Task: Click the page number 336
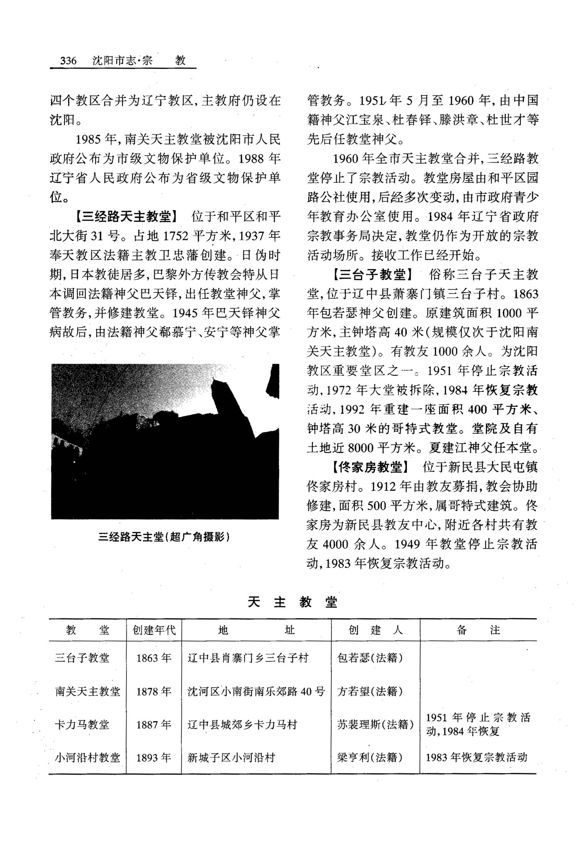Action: coord(68,60)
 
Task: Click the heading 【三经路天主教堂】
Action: coord(126,217)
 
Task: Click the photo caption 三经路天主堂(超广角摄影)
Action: coord(164,537)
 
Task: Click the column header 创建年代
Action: coord(154,630)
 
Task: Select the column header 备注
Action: coord(478,630)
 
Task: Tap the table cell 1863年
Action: coord(154,658)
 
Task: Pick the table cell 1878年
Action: coord(154,692)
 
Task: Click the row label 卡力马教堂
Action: coord(82,725)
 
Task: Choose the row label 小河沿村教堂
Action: coord(87,758)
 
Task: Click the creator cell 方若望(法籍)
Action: coord(370,692)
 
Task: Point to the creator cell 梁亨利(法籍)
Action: coord(370,758)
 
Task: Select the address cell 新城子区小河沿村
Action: coord(231,758)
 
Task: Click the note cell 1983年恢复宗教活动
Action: coord(476,757)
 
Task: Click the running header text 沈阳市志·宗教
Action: coord(139,60)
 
